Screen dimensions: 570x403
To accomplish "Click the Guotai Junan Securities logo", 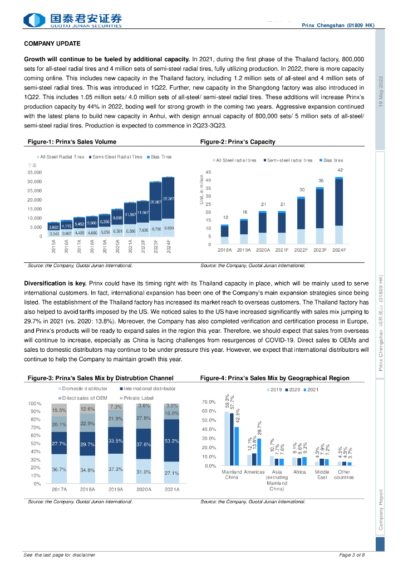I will pyautogui.click(x=72, y=21).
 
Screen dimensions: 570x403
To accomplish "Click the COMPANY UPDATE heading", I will pyautogui.click(x=52, y=43).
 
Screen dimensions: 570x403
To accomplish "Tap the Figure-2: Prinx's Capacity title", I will pyautogui.click(x=238, y=142).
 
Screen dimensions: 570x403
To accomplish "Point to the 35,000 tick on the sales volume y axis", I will pyautogui.click(x=35, y=173).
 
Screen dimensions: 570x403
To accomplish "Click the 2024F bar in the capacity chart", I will pyautogui.click(x=339, y=210).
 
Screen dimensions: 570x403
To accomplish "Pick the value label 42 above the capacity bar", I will pyautogui.click(x=340, y=169).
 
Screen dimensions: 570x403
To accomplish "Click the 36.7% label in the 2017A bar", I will pyautogui.click(x=60, y=470).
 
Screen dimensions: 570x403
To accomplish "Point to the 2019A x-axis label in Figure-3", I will pyautogui.click(x=115, y=489).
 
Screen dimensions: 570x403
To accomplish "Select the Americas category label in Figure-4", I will pyautogui.click(x=254, y=472).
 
